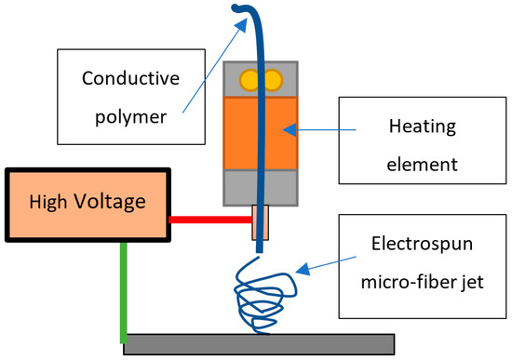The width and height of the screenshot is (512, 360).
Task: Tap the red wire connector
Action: (209, 220)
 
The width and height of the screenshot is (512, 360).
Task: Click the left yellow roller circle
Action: (249, 79)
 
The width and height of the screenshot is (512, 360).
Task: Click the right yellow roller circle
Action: (275, 79)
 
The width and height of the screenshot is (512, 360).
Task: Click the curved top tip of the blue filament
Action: (244, 11)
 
